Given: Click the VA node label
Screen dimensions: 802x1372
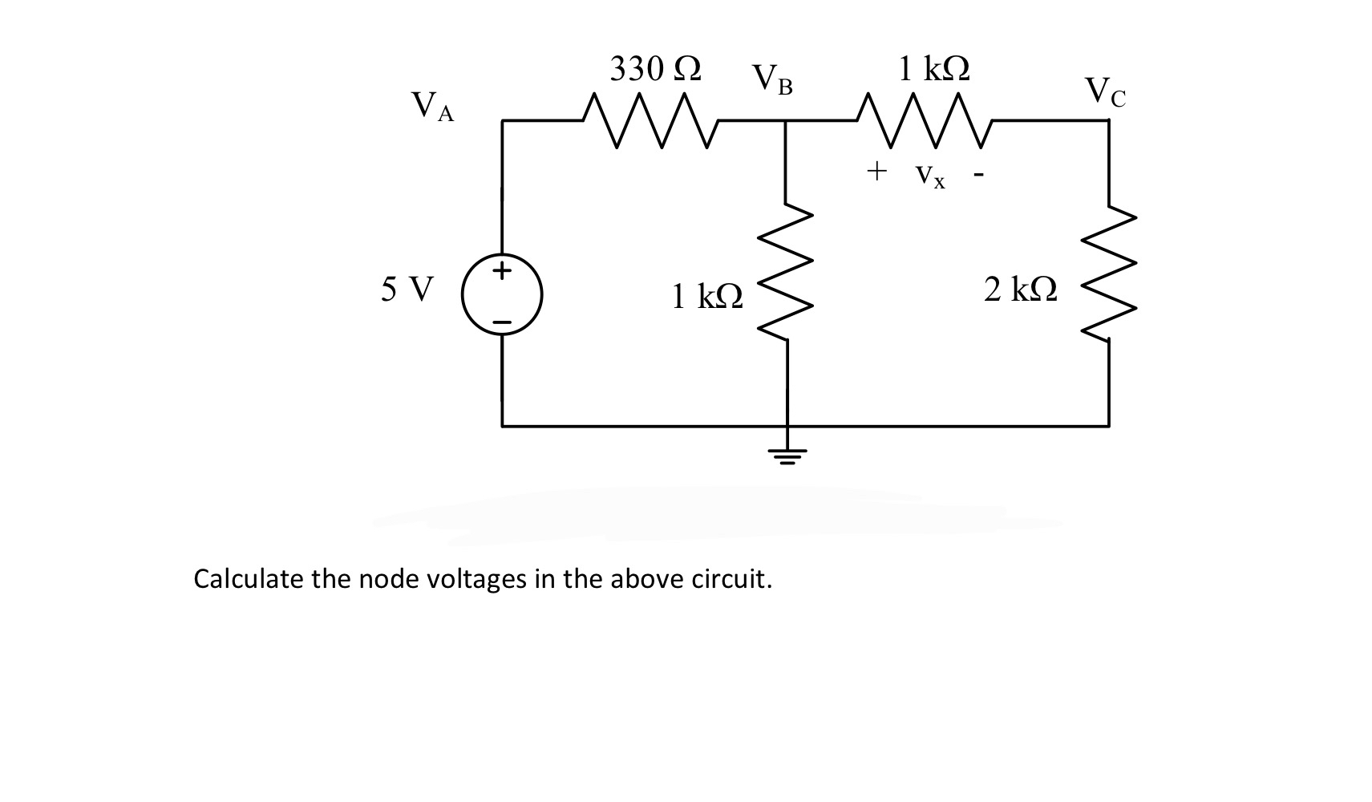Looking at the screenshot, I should [x=431, y=107].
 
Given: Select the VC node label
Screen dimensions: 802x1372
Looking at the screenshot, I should [x=1105, y=91].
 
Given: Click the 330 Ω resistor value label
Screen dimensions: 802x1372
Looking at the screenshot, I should [x=655, y=69].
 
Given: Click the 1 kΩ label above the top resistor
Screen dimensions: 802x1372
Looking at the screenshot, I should [x=933, y=68].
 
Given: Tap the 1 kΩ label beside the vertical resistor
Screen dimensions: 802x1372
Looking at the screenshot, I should [x=707, y=298].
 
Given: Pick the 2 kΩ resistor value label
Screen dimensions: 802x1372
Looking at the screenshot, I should [x=1020, y=290].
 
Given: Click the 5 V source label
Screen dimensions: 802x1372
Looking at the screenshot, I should [x=407, y=289].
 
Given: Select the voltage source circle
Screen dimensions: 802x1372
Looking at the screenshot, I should [x=503, y=295].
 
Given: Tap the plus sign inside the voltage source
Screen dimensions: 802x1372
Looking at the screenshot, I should [x=502, y=270].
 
